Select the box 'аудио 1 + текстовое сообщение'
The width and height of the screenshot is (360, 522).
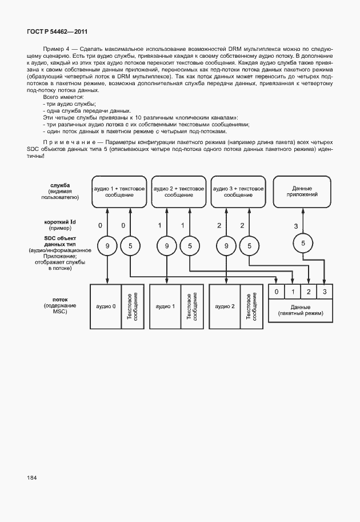pos(119,192)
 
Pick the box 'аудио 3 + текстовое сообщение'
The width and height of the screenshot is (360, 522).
pos(238,192)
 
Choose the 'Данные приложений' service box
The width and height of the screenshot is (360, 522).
pos(302,192)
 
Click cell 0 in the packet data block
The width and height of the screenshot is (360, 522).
pos(277,292)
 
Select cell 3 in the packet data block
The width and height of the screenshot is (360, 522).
pos(325,292)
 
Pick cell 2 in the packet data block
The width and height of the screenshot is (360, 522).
pos(309,292)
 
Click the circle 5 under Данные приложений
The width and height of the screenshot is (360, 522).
pos(303,243)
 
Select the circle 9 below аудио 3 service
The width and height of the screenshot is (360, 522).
pos(227,246)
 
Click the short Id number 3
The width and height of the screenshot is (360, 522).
pos(295,226)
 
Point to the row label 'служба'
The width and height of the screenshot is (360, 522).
pos(60,185)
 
